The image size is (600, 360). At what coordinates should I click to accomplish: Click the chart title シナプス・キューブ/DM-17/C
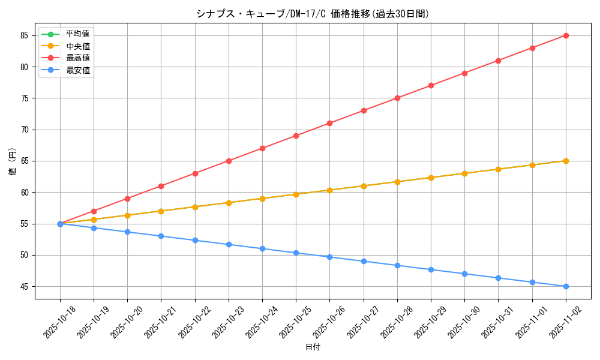point(313,14)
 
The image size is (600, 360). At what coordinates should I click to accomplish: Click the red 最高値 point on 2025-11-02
point(566,35)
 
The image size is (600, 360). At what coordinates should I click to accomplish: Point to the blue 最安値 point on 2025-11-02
point(566,286)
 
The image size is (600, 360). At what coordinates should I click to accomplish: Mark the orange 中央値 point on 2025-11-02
point(566,161)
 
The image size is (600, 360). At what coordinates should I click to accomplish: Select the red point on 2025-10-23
point(229,161)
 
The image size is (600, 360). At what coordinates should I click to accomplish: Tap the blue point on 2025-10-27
point(364,261)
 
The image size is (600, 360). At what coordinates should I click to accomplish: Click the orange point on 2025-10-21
point(161,211)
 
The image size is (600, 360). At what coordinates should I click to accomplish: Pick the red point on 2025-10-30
point(464,73)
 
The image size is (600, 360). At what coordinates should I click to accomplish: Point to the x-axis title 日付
point(313,347)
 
